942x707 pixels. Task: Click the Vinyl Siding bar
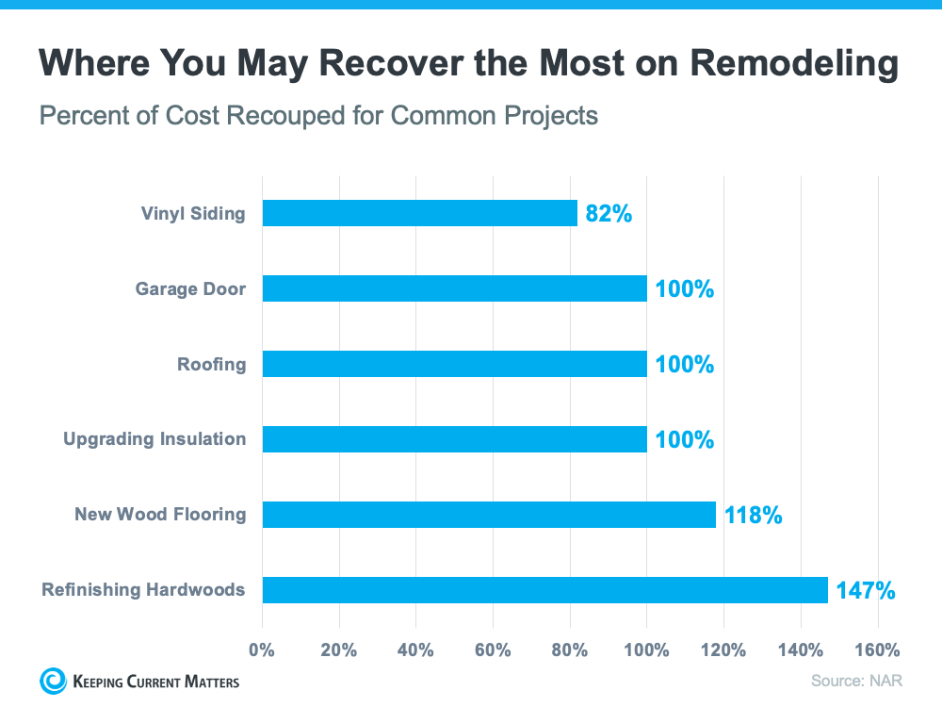pos(419,213)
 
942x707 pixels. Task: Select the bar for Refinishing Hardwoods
pos(544,590)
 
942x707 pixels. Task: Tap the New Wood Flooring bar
pos(489,515)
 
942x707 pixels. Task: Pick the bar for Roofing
pos(454,364)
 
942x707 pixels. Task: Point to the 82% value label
pos(609,214)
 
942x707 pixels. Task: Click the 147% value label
pos(865,591)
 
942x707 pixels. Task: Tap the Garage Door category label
pos(190,288)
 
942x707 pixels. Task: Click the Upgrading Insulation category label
pos(154,439)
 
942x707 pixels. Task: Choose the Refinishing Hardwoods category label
pos(143,590)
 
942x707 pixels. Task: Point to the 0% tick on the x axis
pos(262,649)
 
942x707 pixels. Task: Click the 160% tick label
pos(878,649)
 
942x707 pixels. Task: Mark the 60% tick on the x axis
pos(493,649)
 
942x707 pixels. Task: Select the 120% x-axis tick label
pos(723,649)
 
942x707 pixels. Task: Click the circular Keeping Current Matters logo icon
pos(53,681)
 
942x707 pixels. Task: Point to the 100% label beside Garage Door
pos(685,289)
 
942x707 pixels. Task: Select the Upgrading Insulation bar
pos(454,439)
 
